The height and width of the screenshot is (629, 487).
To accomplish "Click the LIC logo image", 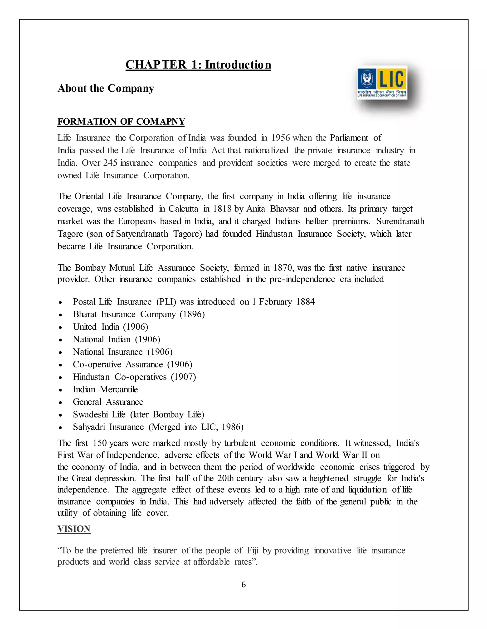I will (382, 83).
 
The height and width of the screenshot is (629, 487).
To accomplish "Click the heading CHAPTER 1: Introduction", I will (198, 65).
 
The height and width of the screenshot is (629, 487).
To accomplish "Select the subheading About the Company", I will (106, 88).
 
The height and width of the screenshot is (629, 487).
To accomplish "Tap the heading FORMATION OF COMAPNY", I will (121, 122).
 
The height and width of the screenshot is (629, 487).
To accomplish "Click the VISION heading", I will (74, 529).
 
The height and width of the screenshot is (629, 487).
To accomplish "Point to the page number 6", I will (243, 584).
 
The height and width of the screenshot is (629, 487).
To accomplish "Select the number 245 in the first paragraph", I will (110, 163).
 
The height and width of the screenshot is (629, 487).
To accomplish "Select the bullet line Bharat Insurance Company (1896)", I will (139, 314).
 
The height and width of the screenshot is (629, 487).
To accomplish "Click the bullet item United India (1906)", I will (111, 327).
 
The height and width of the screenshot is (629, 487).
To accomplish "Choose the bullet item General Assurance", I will (108, 402).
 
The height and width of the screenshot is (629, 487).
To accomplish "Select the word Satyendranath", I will (142, 234).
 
